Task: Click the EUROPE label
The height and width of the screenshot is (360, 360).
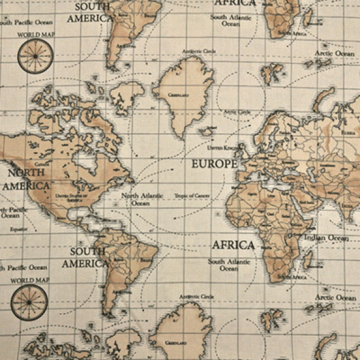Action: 214,164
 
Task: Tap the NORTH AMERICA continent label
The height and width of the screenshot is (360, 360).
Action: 25,179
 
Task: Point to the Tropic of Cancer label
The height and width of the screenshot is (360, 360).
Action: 192,195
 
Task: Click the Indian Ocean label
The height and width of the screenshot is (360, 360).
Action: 327,238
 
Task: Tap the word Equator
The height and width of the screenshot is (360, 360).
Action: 19,229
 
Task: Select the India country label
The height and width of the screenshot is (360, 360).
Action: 346,206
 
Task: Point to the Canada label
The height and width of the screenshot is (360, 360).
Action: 42,164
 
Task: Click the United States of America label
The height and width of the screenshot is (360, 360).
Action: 69,197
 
